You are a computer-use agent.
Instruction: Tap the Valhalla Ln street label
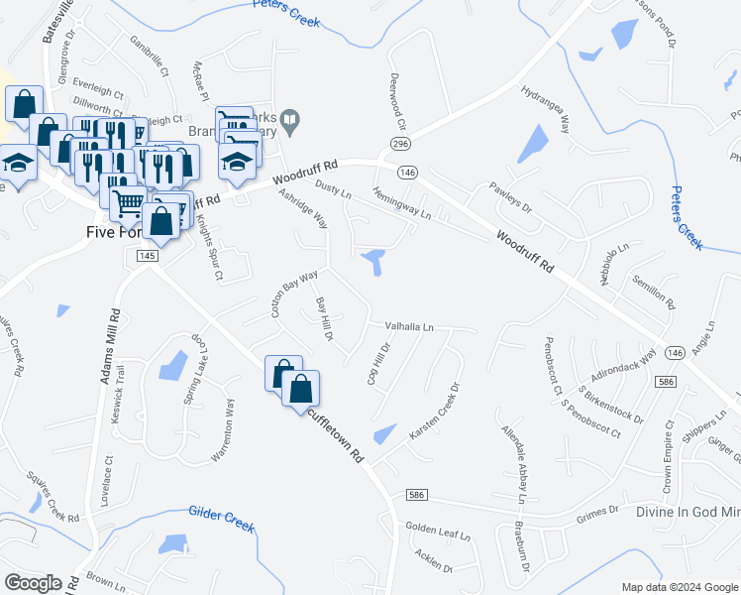[x=402, y=326]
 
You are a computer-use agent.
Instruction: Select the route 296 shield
[x=400, y=144]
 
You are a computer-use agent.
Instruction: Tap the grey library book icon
[x=289, y=123]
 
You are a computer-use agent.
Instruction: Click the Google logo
[x=33, y=583]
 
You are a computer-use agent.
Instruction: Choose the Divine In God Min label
[x=689, y=513]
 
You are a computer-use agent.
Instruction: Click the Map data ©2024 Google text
[x=680, y=587]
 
